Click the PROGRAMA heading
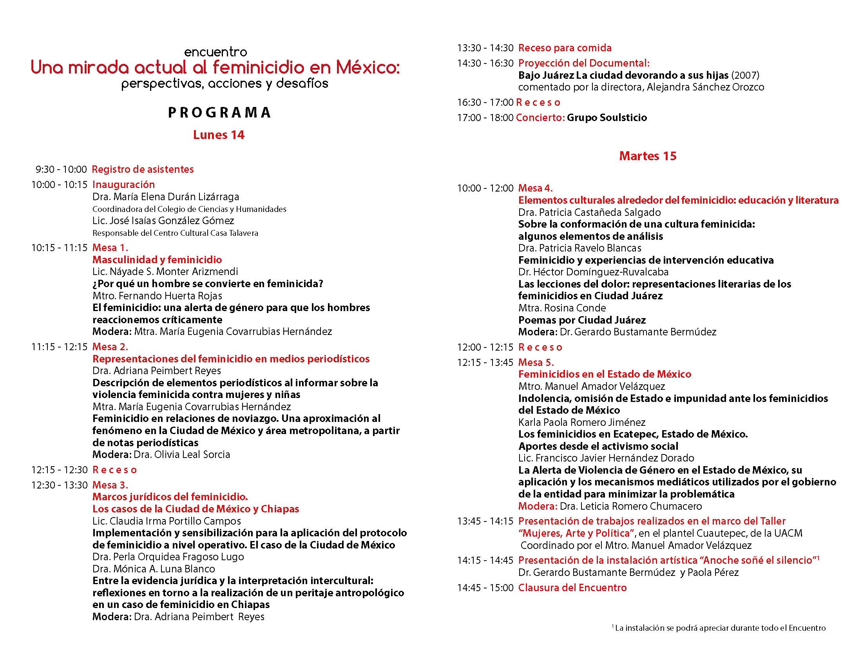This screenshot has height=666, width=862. click(219, 112)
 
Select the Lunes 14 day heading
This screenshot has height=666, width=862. click(219, 135)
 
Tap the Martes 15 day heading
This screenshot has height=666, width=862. click(648, 156)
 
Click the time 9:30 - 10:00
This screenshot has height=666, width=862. click(61, 170)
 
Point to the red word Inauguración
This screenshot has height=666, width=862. click(123, 185)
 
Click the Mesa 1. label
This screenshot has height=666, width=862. click(110, 248)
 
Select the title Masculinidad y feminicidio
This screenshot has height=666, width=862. click(157, 260)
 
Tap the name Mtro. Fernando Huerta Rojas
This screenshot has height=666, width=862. click(157, 295)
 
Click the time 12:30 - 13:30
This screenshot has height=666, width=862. click(59, 485)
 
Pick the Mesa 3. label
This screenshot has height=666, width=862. click(110, 485)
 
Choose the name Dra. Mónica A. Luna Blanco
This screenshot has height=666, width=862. click(154, 568)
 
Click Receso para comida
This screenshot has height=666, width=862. click(565, 48)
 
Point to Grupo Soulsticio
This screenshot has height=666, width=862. click(607, 118)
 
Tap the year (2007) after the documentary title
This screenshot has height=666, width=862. click(745, 75)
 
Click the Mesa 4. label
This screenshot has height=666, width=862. click(536, 188)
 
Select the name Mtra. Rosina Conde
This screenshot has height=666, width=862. click(562, 308)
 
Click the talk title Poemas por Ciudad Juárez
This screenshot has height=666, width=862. click(582, 320)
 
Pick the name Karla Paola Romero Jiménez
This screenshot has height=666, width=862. click(582, 422)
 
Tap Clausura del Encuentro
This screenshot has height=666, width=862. click(572, 588)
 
